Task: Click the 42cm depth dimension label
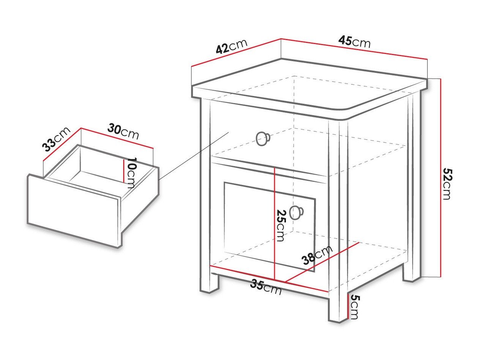tap(231, 46)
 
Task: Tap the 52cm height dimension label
tap(447, 184)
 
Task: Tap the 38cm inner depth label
tap(317, 255)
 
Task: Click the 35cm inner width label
tap(266, 287)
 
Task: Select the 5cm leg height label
tap(354, 307)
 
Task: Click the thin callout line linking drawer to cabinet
tap(193, 156)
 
